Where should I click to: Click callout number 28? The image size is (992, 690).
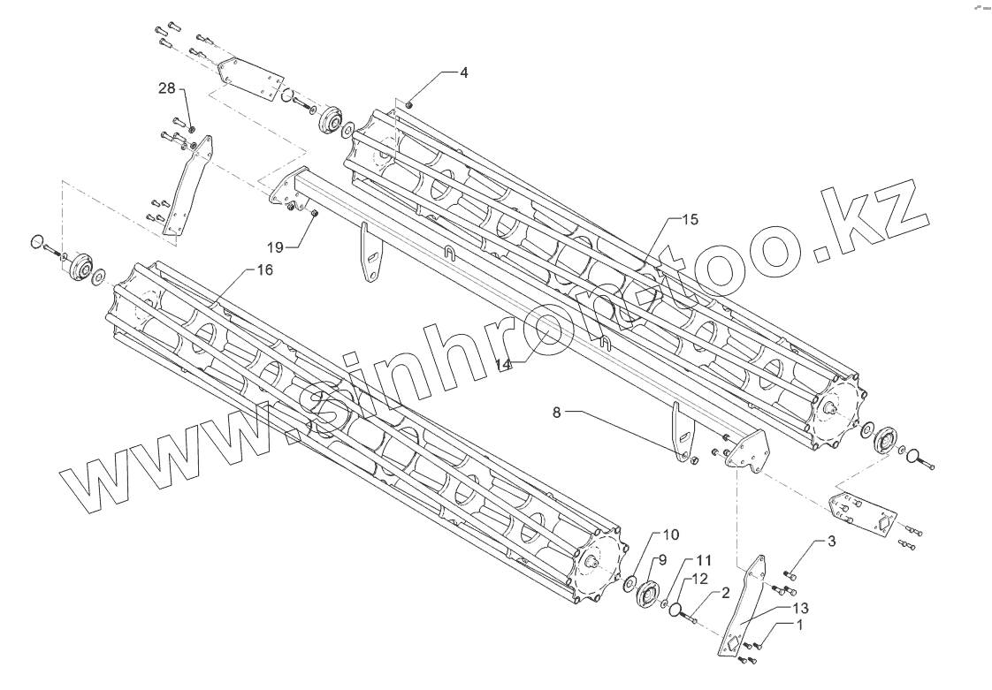(x=167, y=88)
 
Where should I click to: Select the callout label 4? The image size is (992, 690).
(x=463, y=72)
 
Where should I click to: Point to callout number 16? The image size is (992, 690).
(x=264, y=271)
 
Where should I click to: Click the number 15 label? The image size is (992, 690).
(x=690, y=218)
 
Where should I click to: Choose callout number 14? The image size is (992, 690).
(x=505, y=364)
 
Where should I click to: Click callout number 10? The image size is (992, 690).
(x=671, y=535)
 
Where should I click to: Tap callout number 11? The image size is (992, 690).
(x=703, y=560)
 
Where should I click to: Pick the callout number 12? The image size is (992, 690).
(x=699, y=579)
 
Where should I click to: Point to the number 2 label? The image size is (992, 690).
(x=724, y=593)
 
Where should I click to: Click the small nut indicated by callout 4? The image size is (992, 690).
(x=410, y=105)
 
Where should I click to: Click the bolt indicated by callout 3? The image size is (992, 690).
(x=790, y=575)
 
